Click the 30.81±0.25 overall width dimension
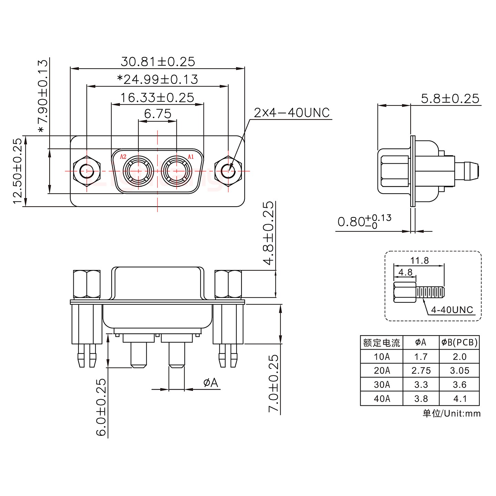coord(158,62)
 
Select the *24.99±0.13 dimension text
coord(158,80)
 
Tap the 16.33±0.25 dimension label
coord(157,98)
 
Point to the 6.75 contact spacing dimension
coord(157,114)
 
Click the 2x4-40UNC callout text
coord(292,113)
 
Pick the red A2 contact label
coord(123,157)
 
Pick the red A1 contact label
coord(190,157)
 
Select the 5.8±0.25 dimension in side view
coord(450,99)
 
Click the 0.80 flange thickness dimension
coord(364,221)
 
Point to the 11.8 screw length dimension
coord(419,260)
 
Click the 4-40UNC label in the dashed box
coord(452,310)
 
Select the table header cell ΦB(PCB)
coord(459,342)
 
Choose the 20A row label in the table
coord(382,371)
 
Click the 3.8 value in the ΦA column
coord(421,399)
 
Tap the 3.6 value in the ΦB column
coord(459,385)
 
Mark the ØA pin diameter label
coord(211,383)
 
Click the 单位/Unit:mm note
coord(451,413)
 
